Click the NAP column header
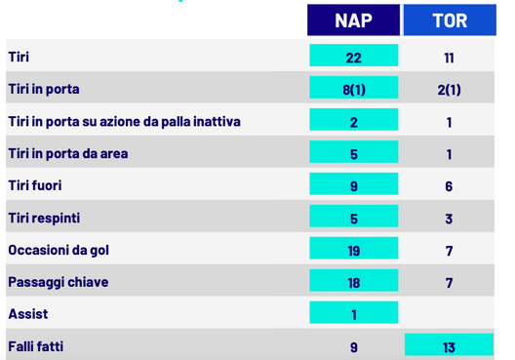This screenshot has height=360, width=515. (353, 20)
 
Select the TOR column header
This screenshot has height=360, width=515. (449, 20)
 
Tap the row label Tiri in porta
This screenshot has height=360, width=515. (44, 89)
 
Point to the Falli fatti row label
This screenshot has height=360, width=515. (35, 346)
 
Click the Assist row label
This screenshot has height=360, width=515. (28, 314)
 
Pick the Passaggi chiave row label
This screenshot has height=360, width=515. (59, 282)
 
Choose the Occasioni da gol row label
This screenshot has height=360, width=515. (59, 250)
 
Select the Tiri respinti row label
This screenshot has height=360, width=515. (44, 218)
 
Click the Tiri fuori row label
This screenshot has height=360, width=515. (35, 185)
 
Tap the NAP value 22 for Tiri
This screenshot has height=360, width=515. (353, 57)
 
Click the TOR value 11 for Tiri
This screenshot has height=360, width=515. (449, 58)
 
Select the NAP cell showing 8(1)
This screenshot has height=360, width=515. (353, 89)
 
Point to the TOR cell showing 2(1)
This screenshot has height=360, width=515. (449, 90)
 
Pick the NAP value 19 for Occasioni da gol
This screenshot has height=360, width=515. (353, 250)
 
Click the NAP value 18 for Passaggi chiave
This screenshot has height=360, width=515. (353, 282)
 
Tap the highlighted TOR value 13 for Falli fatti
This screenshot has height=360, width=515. (449, 346)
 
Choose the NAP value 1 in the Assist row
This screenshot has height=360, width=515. (353, 314)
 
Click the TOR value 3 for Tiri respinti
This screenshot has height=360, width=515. (449, 219)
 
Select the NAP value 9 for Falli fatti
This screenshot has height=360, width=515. (353, 346)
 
